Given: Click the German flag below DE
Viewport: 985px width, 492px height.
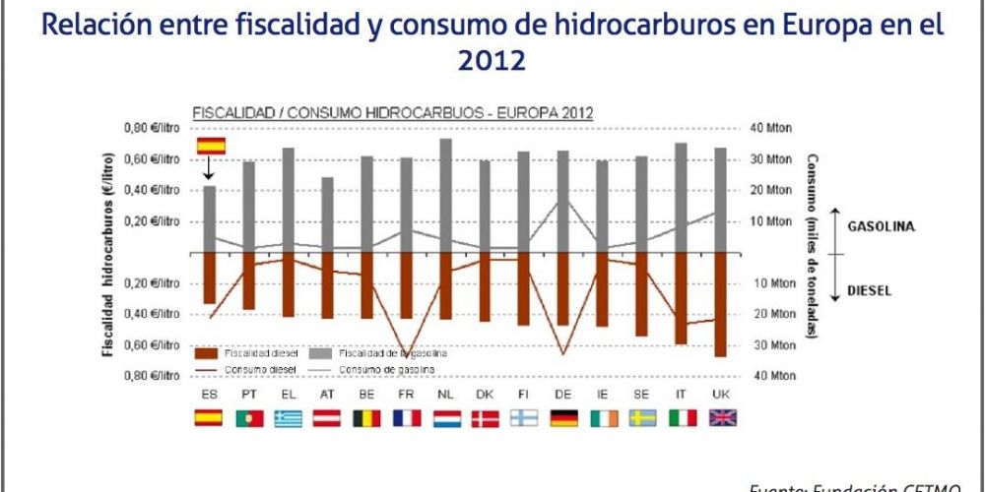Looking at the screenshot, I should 563,418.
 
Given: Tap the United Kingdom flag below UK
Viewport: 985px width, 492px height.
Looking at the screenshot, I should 722,418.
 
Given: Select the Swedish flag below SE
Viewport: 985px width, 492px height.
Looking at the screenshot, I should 642,418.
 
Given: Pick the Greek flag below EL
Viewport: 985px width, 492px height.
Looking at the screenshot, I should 289,418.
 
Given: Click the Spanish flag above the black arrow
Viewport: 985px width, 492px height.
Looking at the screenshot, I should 211,146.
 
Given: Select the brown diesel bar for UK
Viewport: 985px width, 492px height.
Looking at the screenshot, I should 721,304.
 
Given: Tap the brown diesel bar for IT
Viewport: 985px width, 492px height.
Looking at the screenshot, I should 681,298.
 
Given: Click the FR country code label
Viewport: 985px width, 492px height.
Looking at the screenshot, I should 406,395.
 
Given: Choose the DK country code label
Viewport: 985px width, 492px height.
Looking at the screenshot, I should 485,395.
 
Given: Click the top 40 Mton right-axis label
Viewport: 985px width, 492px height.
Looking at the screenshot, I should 771,128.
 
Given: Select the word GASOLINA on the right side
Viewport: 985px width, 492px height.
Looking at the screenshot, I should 882,226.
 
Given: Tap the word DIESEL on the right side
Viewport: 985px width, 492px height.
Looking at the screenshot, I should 868,291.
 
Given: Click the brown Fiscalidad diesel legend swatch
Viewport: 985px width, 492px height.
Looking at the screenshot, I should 205,352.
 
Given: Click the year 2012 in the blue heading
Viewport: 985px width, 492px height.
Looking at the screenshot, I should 492,60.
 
